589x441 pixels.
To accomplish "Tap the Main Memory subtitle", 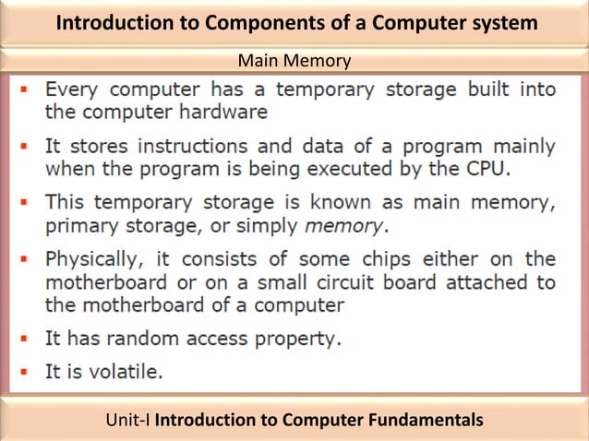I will coord(294,62).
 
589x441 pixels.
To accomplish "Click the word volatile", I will coord(127,372).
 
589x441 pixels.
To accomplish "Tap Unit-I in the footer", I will coord(128,421).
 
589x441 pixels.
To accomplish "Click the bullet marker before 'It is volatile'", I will coord(26,372).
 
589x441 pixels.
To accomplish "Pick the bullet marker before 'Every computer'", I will coord(26,91).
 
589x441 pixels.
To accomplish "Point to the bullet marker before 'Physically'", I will coord(26,259).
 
